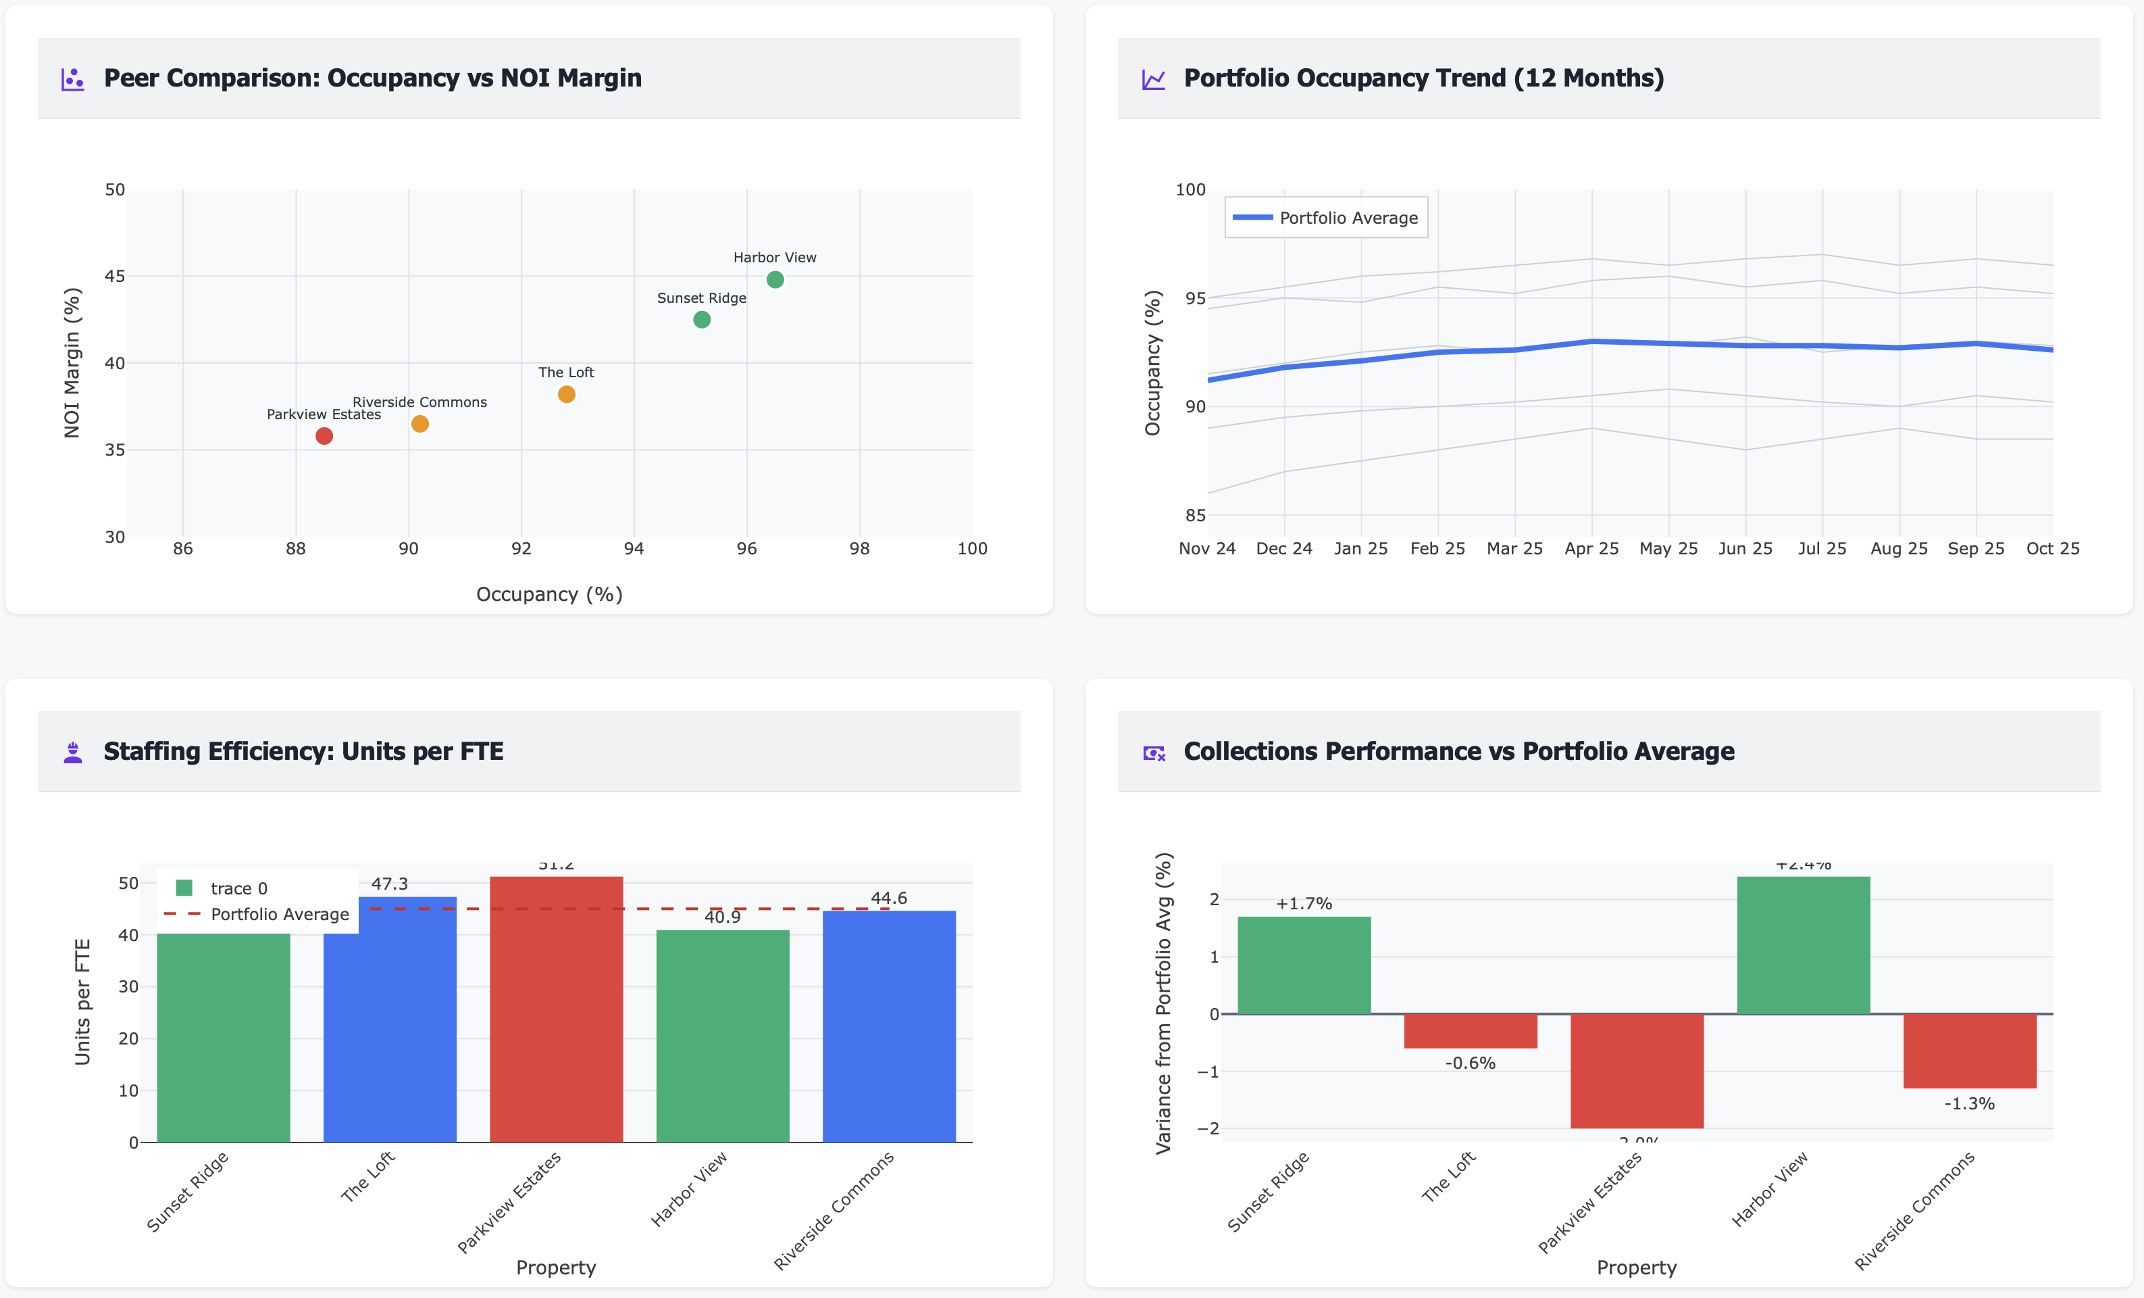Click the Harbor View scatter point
(774, 279)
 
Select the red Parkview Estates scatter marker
(324, 436)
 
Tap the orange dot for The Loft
(567, 394)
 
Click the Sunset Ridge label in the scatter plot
(701, 297)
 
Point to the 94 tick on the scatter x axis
(634, 548)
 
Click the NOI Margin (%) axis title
(72, 362)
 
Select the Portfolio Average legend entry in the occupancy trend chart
(1326, 218)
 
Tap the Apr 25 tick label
(1591, 548)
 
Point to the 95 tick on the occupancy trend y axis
(1195, 297)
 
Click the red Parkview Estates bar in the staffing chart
(556, 1010)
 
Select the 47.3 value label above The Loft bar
(389, 884)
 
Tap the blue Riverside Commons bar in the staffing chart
(888, 1028)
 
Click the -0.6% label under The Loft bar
(1470, 1063)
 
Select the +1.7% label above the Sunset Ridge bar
(1304, 904)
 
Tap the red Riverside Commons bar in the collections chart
(1969, 1051)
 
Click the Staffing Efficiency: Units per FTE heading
(303, 751)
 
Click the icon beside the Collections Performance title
(1154, 753)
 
